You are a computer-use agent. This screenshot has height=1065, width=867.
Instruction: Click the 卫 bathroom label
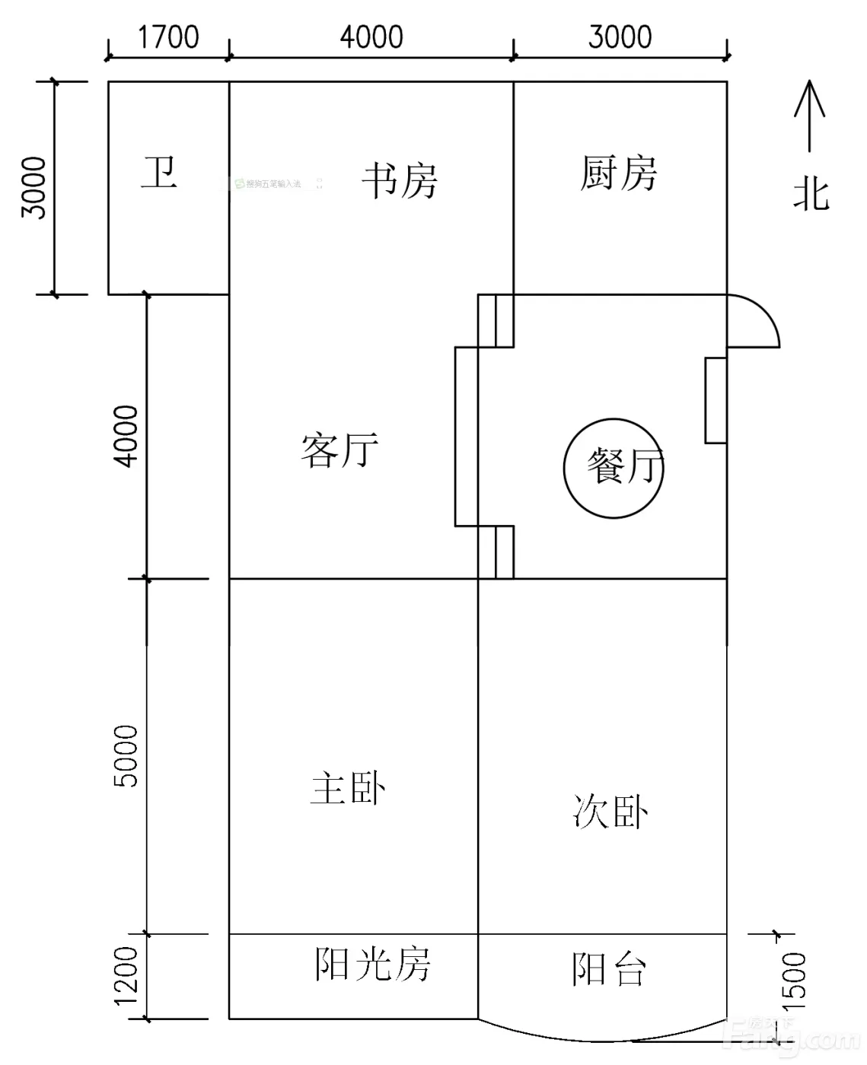click(159, 173)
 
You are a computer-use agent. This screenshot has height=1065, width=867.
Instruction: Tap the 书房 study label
click(400, 181)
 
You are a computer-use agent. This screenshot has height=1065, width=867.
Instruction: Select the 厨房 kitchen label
click(618, 173)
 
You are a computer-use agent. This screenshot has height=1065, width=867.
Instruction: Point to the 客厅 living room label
click(339, 450)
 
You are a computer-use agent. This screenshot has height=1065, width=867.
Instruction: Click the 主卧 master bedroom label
click(348, 788)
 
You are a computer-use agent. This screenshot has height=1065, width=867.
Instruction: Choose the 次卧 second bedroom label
click(610, 812)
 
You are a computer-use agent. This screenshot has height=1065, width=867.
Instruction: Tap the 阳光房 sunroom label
click(372, 965)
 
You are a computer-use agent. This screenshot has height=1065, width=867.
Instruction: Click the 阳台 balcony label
click(609, 970)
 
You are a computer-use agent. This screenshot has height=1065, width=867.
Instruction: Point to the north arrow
click(810, 114)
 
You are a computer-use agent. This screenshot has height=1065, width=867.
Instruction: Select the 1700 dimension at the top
click(168, 37)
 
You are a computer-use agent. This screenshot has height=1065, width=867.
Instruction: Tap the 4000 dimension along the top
click(371, 37)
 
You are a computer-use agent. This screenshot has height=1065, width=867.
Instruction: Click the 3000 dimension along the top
click(620, 37)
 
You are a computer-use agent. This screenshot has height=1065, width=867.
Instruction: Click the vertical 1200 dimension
click(127, 976)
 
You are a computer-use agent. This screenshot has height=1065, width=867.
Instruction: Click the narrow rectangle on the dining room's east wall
click(716, 400)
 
